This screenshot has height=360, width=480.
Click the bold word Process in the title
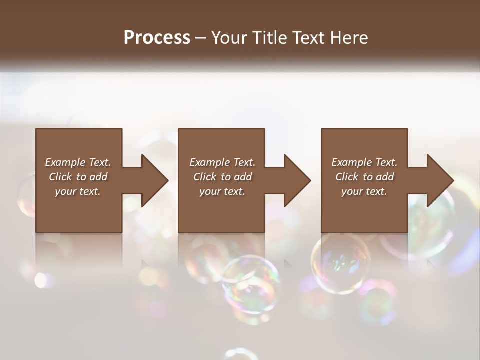pyautogui.click(x=157, y=38)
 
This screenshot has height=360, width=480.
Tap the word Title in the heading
pyautogui.click(x=269, y=38)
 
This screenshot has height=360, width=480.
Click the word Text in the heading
pyautogui.click(x=307, y=38)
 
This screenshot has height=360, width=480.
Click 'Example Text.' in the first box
pyautogui.click(x=78, y=162)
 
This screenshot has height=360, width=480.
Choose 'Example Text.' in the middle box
pyautogui.click(x=222, y=162)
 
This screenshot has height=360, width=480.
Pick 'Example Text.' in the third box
pyautogui.click(x=364, y=162)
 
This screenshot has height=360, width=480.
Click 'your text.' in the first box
pyautogui.click(x=78, y=191)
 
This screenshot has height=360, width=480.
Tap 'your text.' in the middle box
pyautogui.click(x=222, y=191)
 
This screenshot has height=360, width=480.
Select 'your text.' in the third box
pyautogui.click(x=364, y=191)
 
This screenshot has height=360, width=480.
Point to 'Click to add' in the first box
pyautogui.click(x=78, y=177)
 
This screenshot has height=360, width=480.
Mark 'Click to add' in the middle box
pyautogui.click(x=222, y=177)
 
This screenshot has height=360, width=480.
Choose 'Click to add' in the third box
pyautogui.click(x=364, y=177)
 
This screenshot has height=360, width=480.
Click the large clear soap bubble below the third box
pyautogui.click(x=341, y=263)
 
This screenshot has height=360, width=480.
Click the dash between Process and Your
pyautogui.click(x=201, y=38)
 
